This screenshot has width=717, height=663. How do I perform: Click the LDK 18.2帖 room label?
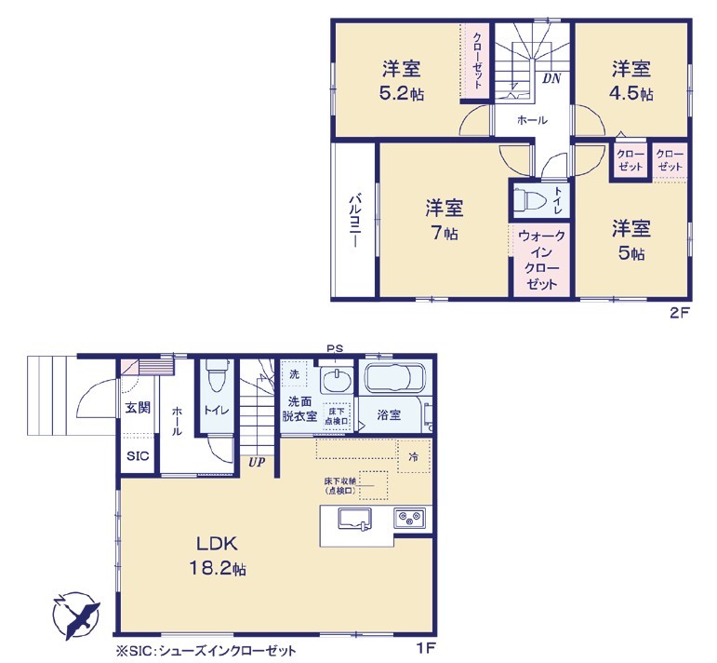pyautogui.click(x=218, y=556)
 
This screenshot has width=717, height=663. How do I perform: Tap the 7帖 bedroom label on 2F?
pyautogui.click(x=444, y=220)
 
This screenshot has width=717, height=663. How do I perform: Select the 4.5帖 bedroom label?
pyautogui.click(x=631, y=81)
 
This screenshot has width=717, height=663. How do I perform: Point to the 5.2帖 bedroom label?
pyautogui.click(x=402, y=81)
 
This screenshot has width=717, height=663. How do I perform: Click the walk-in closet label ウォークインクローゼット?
pyautogui.click(x=542, y=260)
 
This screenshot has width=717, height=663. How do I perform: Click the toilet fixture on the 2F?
pyautogui.click(x=530, y=200)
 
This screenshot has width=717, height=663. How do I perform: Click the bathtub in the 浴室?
pyautogui.click(x=395, y=376)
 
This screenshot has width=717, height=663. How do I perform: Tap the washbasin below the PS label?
pyautogui.click(x=337, y=380)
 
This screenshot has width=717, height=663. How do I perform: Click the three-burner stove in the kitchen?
pyautogui.click(x=410, y=520)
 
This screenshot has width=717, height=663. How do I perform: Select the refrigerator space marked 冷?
pyautogui.click(x=414, y=456)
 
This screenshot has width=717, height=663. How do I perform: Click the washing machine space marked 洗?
pyautogui.click(x=295, y=374)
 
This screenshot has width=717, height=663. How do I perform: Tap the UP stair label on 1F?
pyautogui.click(x=257, y=463)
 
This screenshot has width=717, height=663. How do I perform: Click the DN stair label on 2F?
pyautogui.click(x=551, y=79)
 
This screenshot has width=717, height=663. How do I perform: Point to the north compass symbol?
pyautogui.click(x=76, y=616)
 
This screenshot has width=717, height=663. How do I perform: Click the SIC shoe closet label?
pyautogui.click(x=138, y=456)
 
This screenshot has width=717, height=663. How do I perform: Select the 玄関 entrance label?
pyautogui.click(x=138, y=407)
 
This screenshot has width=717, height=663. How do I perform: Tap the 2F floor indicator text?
pyautogui.click(x=679, y=313)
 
